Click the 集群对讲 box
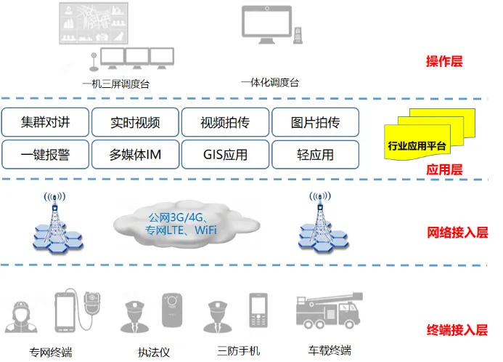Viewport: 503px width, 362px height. pyautogui.click(x=46, y=122)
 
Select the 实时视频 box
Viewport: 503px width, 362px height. pyautogui.click(x=135, y=122)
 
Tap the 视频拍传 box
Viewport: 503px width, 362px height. pyautogui.click(x=225, y=122)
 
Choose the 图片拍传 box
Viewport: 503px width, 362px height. pyautogui.click(x=315, y=122)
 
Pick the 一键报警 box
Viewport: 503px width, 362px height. pyautogui.click(x=46, y=155)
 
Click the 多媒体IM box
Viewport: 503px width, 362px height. pyautogui.click(x=135, y=155)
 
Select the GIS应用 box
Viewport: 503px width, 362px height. pyautogui.click(x=225, y=155)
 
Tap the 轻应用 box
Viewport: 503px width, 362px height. pyautogui.click(x=315, y=155)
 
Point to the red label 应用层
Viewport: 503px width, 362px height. pyautogui.click(x=444, y=170)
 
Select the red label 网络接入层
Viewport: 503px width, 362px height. pyautogui.click(x=457, y=233)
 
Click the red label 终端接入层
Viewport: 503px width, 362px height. pyautogui.click(x=457, y=330)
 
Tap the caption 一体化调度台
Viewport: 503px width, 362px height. pyautogui.click(x=270, y=82)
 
